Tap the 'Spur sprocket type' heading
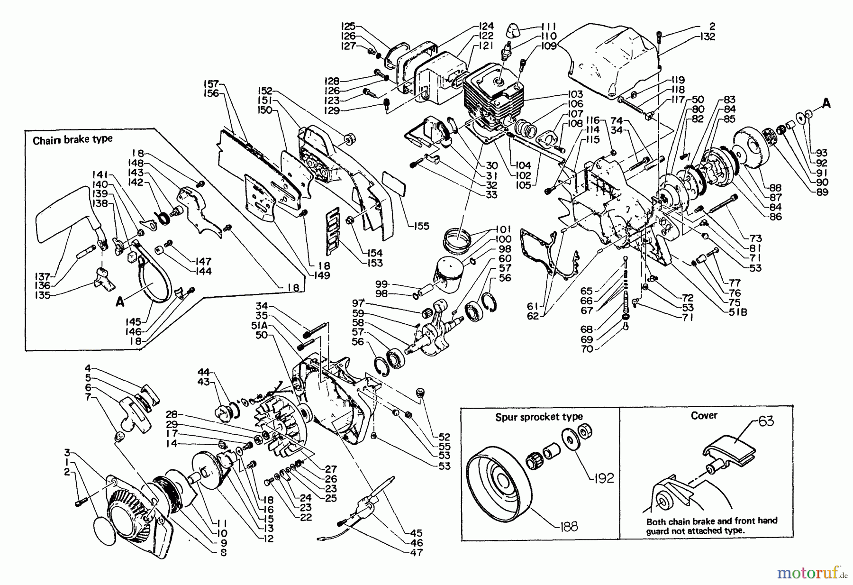pos(539,417)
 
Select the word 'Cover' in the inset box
pos(704,416)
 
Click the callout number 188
pos(569,527)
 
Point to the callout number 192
pos(603,478)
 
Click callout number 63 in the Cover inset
pos(766,420)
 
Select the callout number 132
pos(707,37)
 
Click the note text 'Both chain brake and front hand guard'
pos(712,521)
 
